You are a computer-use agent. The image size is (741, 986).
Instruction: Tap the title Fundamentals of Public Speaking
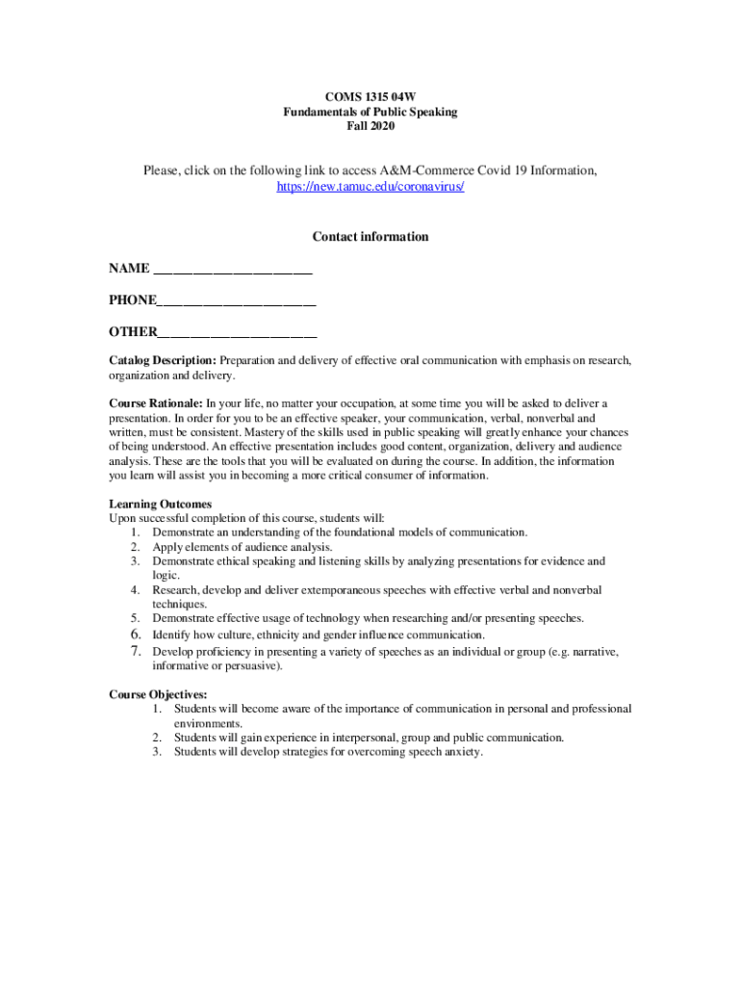(x=370, y=112)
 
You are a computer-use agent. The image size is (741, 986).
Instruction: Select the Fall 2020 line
(x=370, y=126)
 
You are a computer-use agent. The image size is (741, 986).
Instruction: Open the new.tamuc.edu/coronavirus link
(x=370, y=187)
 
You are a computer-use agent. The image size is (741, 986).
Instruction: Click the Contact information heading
(x=370, y=237)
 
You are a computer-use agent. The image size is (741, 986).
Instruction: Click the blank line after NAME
(x=233, y=270)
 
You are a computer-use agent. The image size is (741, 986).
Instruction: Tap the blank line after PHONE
(x=237, y=301)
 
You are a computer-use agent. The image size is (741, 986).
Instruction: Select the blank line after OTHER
(x=238, y=333)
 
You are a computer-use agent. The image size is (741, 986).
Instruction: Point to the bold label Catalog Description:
(x=163, y=361)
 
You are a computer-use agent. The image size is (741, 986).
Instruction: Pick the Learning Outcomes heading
(x=161, y=504)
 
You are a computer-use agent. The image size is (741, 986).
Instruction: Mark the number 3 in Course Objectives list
(x=157, y=752)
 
